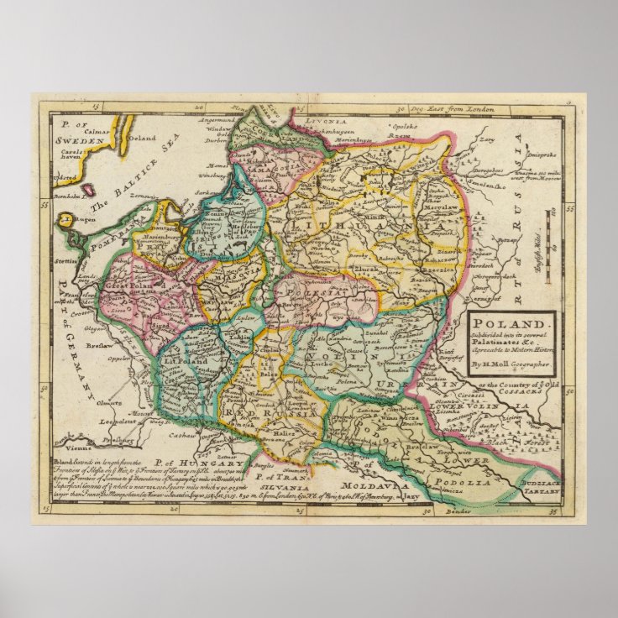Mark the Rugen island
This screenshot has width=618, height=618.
[x=66, y=221]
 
